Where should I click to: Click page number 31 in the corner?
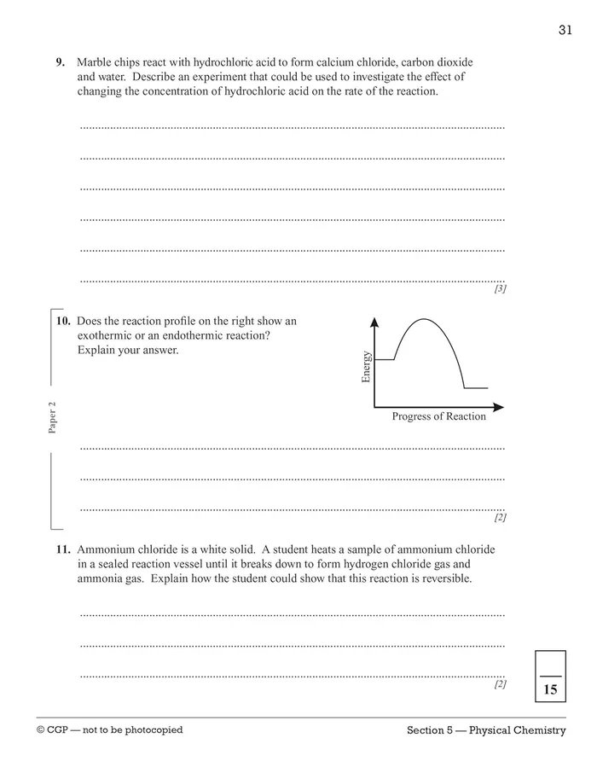[x=565, y=30]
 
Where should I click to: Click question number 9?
[x=61, y=62]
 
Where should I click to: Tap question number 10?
[x=62, y=322]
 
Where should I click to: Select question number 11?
[x=62, y=549]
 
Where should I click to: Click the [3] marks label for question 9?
[x=501, y=289]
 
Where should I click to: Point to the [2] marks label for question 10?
[x=501, y=517]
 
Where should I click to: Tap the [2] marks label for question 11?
[x=501, y=683]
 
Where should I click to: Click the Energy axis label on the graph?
[x=366, y=367]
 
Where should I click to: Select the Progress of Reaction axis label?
[x=438, y=416]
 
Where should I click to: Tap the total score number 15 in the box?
[x=550, y=689]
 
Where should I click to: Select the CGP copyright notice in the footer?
[x=110, y=729]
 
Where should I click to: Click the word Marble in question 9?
[x=93, y=62]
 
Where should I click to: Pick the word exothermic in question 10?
[x=107, y=335]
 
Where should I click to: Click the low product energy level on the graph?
[x=476, y=388]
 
